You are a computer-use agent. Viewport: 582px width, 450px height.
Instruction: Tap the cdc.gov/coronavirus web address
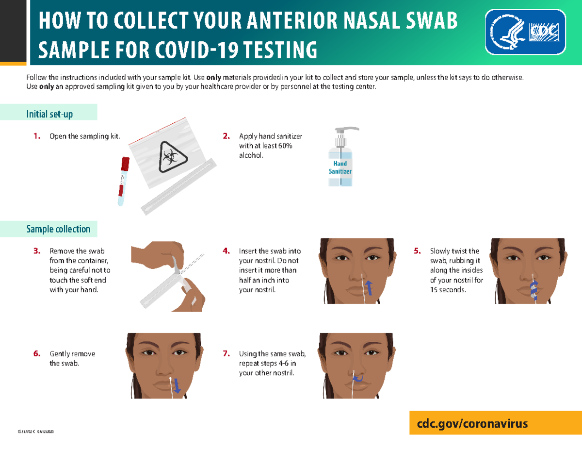469,423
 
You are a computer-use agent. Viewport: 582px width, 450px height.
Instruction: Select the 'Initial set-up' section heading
49,114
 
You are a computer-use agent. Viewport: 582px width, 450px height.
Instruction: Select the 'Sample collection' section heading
58,229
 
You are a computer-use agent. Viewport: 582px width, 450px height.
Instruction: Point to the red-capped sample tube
123,181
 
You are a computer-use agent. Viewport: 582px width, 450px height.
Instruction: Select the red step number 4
226,251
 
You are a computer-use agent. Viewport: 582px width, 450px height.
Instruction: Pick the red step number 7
226,354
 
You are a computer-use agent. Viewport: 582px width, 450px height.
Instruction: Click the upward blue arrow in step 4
369,287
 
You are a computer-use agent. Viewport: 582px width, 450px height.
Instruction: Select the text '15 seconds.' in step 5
448,290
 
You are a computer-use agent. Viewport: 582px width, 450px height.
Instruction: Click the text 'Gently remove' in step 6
72,354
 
